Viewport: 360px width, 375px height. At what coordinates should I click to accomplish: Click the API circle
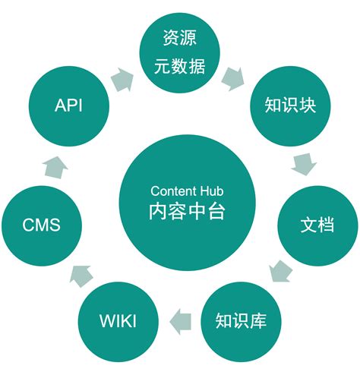68,106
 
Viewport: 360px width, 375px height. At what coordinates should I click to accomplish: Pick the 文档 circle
317,225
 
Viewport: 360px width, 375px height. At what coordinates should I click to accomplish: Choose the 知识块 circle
289,106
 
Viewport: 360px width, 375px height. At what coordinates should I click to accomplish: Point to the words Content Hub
180,191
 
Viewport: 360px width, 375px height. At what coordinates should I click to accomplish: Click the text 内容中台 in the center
180,210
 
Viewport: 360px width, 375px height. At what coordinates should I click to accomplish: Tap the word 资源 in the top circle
179,37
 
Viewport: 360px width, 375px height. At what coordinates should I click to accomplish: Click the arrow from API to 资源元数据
121,77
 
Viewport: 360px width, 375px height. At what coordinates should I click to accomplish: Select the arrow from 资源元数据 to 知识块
233,77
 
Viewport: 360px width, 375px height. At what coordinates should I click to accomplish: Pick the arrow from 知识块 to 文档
303,162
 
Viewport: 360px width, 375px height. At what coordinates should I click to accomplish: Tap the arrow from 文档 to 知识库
280,269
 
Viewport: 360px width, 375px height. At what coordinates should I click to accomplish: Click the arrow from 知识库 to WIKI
179,320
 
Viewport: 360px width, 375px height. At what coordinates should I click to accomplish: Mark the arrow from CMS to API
54,165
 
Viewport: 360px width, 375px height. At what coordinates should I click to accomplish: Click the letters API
68,106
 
